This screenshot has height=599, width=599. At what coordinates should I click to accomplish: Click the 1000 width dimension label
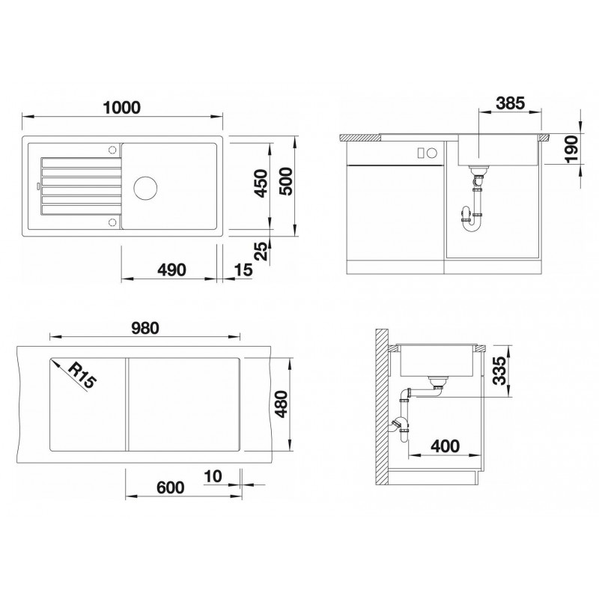tap(122, 107)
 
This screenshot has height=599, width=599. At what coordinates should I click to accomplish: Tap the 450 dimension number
tap(261, 183)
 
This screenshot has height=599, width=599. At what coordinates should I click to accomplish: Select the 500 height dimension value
tap(286, 181)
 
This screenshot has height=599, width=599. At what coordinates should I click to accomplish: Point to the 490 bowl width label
tap(172, 270)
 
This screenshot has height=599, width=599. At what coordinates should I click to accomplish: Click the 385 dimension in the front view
tap(511, 103)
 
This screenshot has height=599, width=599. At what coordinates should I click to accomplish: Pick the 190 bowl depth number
tap(572, 149)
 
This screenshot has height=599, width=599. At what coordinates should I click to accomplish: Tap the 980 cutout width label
tap(145, 328)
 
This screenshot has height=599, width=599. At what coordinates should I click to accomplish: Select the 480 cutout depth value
tap(282, 404)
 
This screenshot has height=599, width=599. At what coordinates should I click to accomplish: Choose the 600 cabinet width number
tap(171, 487)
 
